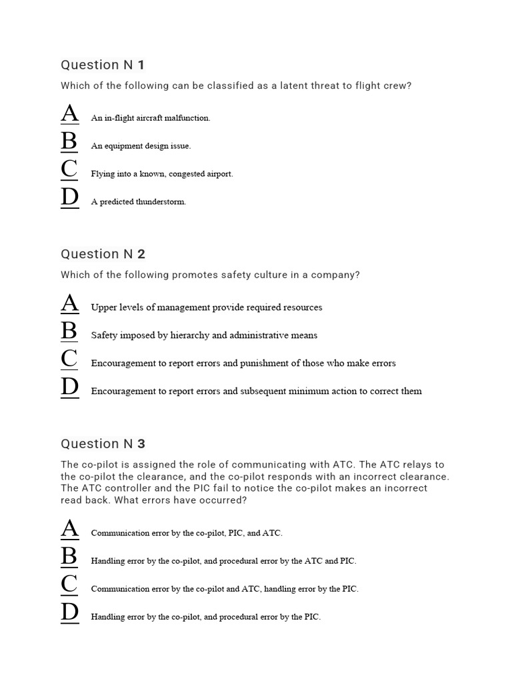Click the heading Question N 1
103,65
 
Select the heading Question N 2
103,254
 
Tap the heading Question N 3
103,444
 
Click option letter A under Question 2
69,305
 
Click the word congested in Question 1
187,174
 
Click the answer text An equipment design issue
141,146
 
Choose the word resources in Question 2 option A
299,307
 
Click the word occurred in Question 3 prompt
225,500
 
